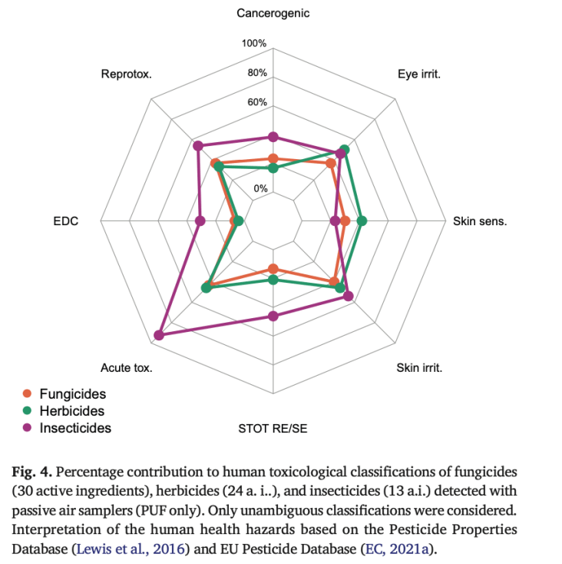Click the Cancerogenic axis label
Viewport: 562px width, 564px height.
coord(273,13)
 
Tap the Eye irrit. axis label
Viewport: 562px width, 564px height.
coord(419,74)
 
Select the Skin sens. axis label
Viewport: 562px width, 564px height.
coord(480,221)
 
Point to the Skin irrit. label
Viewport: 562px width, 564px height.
coord(419,368)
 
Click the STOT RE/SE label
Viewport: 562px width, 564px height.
coord(273,429)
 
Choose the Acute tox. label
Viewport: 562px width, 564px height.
coord(127,368)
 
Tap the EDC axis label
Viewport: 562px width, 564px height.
coord(66,221)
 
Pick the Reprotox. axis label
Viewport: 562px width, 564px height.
coord(127,74)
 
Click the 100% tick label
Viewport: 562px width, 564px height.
coord(254,44)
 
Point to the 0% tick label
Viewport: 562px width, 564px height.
coord(260,188)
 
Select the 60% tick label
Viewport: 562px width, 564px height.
coord(257,102)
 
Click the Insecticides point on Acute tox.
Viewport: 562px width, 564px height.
coord(158,335)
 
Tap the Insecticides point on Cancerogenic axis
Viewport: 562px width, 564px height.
coord(273,137)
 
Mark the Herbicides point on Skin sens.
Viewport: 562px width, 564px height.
coord(362,221)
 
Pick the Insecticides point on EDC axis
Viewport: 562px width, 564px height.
coord(200,221)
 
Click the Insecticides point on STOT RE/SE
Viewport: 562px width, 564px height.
coord(273,316)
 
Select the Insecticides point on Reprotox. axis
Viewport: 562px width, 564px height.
coord(197,146)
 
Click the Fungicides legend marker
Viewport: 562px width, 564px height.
coord(27,393)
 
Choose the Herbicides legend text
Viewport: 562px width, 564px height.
coord(72,411)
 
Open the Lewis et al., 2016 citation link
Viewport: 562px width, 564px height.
coord(131,549)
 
